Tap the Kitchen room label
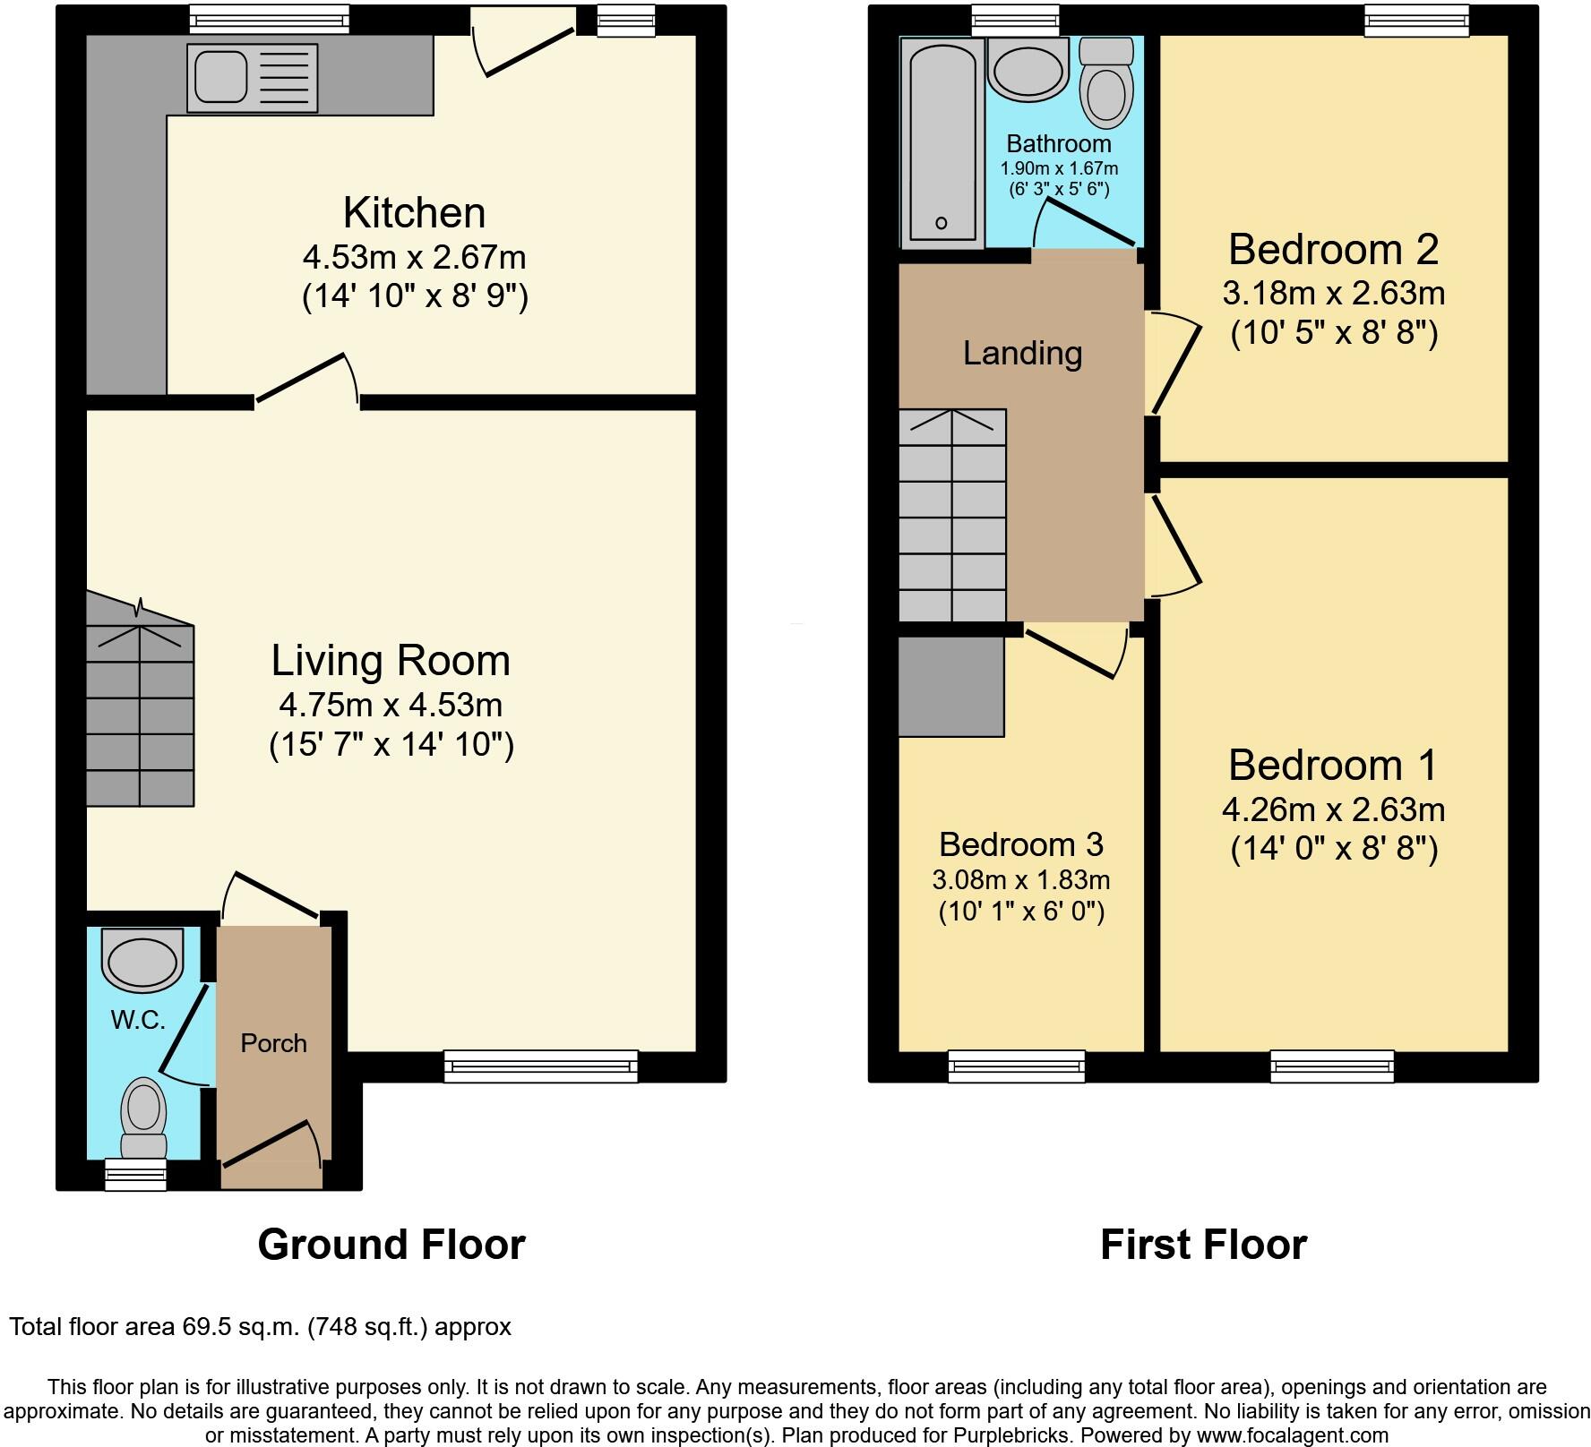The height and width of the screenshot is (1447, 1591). point(414,213)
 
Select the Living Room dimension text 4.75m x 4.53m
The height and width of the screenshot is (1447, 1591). point(391,705)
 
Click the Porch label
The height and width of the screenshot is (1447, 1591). point(273,1043)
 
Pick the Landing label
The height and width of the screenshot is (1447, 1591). point(1022,353)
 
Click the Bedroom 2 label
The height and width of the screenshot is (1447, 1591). point(1333,249)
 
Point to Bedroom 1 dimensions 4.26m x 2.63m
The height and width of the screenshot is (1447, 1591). point(1333,809)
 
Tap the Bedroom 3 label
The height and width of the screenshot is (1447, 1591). point(1020,843)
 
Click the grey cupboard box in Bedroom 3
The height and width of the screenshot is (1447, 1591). point(950,686)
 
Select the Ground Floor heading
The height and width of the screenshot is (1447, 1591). point(391,1244)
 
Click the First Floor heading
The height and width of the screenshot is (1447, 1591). point(1203,1244)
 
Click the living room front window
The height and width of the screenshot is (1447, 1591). point(541,1066)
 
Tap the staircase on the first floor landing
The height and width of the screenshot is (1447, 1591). point(952,515)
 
